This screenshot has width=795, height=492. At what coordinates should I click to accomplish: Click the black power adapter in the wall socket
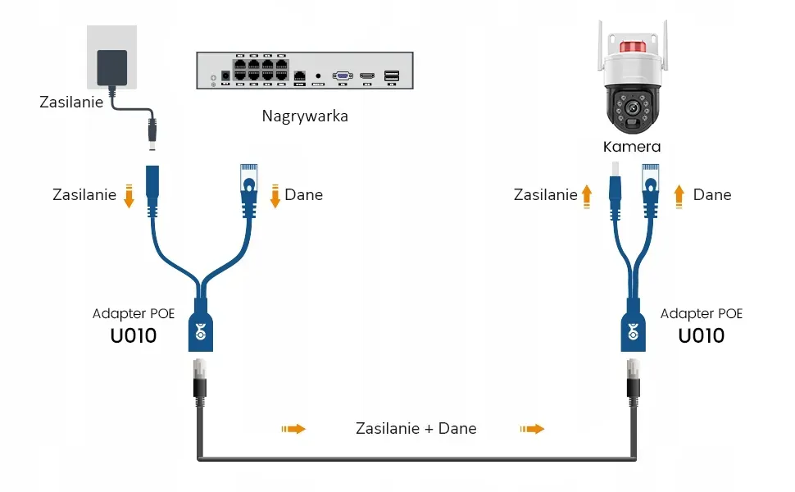(112, 67)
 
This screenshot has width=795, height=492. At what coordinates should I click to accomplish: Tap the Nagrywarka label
(305, 116)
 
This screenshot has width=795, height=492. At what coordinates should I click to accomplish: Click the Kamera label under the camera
(632, 147)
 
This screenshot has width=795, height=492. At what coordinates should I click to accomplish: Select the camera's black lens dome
(632, 110)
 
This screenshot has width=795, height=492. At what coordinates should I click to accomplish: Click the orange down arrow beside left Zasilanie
(129, 196)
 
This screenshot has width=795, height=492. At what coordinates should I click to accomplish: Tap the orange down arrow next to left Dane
(275, 196)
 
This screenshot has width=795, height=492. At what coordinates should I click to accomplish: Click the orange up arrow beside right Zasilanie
(587, 195)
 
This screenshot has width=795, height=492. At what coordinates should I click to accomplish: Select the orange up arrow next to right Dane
(679, 195)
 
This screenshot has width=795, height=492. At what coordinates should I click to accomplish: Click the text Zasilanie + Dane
(416, 428)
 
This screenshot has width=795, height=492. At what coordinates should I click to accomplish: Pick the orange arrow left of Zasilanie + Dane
(293, 428)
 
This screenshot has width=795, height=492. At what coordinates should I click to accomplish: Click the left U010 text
(133, 335)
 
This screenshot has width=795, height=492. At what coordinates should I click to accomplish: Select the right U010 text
(702, 335)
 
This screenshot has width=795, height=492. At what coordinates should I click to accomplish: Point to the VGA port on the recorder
(343, 75)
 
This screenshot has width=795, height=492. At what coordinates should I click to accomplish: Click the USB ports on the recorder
(391, 75)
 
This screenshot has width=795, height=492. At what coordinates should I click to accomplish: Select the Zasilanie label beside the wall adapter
(71, 102)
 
